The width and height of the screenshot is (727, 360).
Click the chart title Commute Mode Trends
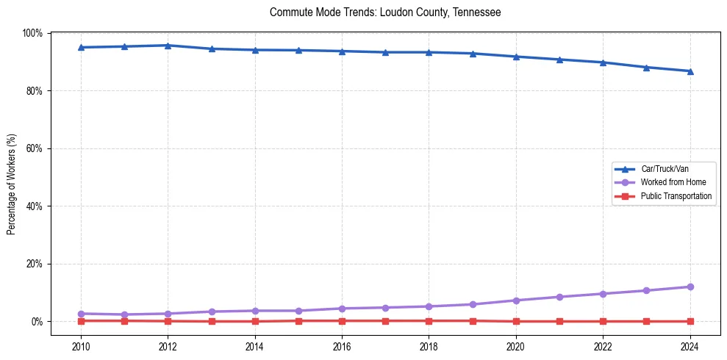pyautogui.click(x=385, y=12)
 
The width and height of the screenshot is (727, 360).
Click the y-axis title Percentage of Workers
pyautogui.click(x=12, y=184)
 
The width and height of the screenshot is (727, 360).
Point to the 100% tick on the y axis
pyautogui.click(x=32, y=33)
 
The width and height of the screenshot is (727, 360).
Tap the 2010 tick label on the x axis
pyautogui.click(x=81, y=345)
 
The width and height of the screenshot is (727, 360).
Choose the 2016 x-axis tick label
pyautogui.click(x=342, y=345)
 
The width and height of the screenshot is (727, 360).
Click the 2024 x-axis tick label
pyautogui.click(x=690, y=345)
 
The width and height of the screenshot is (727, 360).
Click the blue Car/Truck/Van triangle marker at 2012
pyautogui.click(x=168, y=46)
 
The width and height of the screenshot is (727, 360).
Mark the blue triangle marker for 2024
pyautogui.click(x=690, y=71)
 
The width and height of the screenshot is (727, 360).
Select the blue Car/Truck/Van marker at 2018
pyautogui.click(x=429, y=52)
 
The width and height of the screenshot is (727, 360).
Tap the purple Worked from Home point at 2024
pyautogui.click(x=690, y=287)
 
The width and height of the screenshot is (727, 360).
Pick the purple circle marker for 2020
pyautogui.click(x=516, y=300)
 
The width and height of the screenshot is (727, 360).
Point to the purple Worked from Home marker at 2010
pyautogui.click(x=81, y=314)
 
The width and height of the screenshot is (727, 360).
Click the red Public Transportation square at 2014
pyautogui.click(x=255, y=321)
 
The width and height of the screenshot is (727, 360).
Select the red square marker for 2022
pyautogui.click(x=603, y=321)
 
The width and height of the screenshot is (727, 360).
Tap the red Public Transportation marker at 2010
pyautogui.click(x=81, y=320)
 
